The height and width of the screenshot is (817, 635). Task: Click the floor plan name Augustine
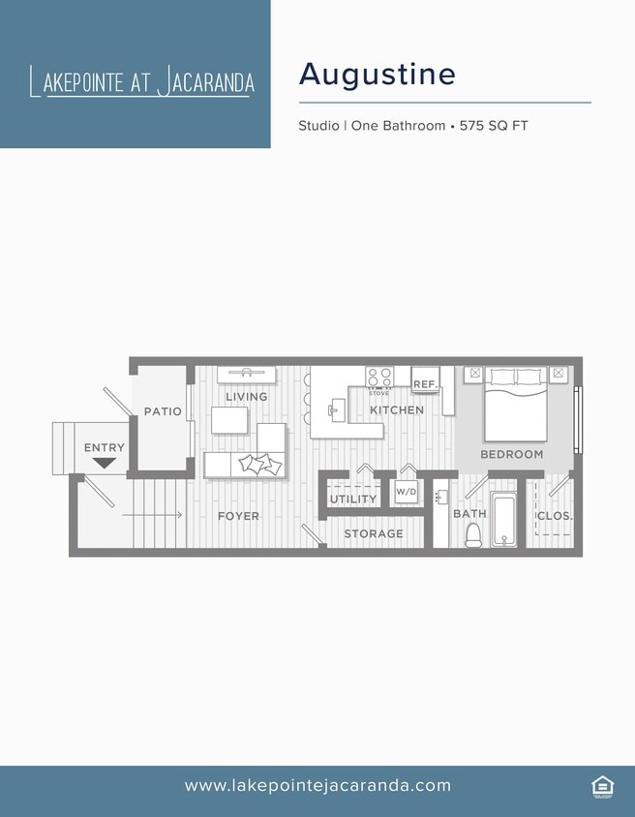pyautogui.click(x=377, y=74)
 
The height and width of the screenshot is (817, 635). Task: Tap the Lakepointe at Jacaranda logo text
pyautogui.click(x=142, y=81)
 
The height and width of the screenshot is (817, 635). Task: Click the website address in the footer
pyautogui.click(x=317, y=785)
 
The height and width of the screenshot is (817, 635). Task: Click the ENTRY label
pyautogui.click(x=105, y=447)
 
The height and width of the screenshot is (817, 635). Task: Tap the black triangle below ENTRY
pyautogui.click(x=105, y=463)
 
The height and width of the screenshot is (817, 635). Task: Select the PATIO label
pyautogui.click(x=163, y=411)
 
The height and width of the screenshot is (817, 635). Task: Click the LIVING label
pyautogui.click(x=246, y=397)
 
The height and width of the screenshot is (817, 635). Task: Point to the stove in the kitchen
pyautogui.click(x=378, y=377)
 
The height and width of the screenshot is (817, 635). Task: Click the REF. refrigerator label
pyautogui.click(x=425, y=384)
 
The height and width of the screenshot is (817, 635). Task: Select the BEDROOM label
pyautogui.click(x=512, y=454)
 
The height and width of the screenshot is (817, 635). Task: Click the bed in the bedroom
pyautogui.click(x=516, y=402)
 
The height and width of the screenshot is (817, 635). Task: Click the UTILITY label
pyautogui.click(x=353, y=499)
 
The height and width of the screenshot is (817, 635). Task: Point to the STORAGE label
pyautogui.click(x=374, y=533)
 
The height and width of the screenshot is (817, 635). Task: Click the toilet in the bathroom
pyautogui.click(x=473, y=534)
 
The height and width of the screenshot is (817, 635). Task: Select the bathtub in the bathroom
pyautogui.click(x=503, y=520)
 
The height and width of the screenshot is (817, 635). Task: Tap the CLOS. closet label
pyautogui.click(x=555, y=516)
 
